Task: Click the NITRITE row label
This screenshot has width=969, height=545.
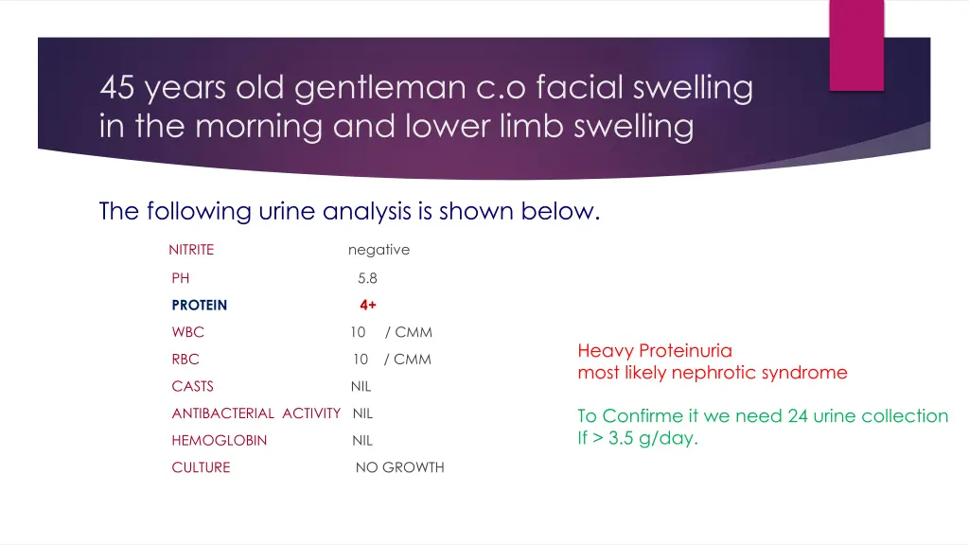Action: (x=191, y=250)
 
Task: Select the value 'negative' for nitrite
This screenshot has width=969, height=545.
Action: (x=379, y=250)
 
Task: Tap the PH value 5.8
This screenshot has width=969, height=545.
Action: (x=367, y=278)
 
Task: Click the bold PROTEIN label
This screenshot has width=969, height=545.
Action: (x=200, y=306)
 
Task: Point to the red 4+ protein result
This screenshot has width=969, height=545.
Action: (x=367, y=306)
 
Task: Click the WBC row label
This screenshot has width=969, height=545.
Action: (x=187, y=332)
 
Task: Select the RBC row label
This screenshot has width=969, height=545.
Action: (x=185, y=360)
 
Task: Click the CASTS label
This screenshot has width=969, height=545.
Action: (x=192, y=386)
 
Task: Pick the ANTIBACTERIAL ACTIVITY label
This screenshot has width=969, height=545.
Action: (x=255, y=413)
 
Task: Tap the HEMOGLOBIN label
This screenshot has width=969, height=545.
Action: (x=219, y=440)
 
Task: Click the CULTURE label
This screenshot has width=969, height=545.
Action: (x=201, y=467)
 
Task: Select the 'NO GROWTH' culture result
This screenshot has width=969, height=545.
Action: (x=399, y=467)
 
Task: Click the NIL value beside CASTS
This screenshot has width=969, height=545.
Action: (x=361, y=386)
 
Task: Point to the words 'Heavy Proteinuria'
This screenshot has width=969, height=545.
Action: (x=655, y=351)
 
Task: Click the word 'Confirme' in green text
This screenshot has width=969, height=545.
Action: (x=643, y=416)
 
